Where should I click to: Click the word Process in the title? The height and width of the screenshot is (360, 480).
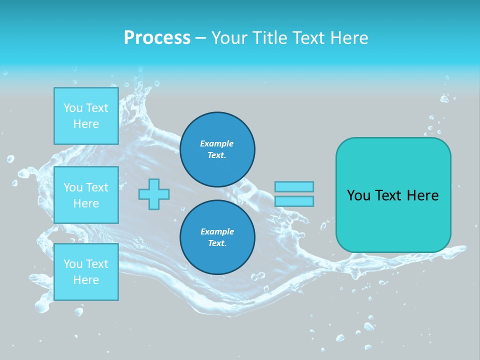(x=157, y=38)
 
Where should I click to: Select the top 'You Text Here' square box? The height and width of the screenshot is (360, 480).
(x=86, y=116)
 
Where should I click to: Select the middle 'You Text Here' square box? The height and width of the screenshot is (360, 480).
(x=86, y=195)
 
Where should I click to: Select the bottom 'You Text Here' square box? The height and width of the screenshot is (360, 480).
(x=86, y=272)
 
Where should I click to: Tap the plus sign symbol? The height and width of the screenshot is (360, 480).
(x=154, y=194)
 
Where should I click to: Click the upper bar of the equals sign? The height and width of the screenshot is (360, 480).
(x=294, y=186)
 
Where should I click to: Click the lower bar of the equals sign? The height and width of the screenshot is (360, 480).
(x=294, y=201)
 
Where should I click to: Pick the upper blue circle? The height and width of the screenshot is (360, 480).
(x=217, y=149)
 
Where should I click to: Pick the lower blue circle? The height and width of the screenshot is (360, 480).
(x=217, y=237)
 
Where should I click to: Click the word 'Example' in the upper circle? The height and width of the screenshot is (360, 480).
(x=217, y=143)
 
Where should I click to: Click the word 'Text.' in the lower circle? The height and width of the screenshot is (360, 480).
(x=217, y=243)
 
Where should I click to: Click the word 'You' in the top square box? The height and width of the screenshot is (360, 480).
(x=73, y=108)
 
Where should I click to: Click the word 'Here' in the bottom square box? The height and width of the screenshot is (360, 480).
(x=86, y=280)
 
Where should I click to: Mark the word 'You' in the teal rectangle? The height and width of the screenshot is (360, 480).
(x=358, y=195)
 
